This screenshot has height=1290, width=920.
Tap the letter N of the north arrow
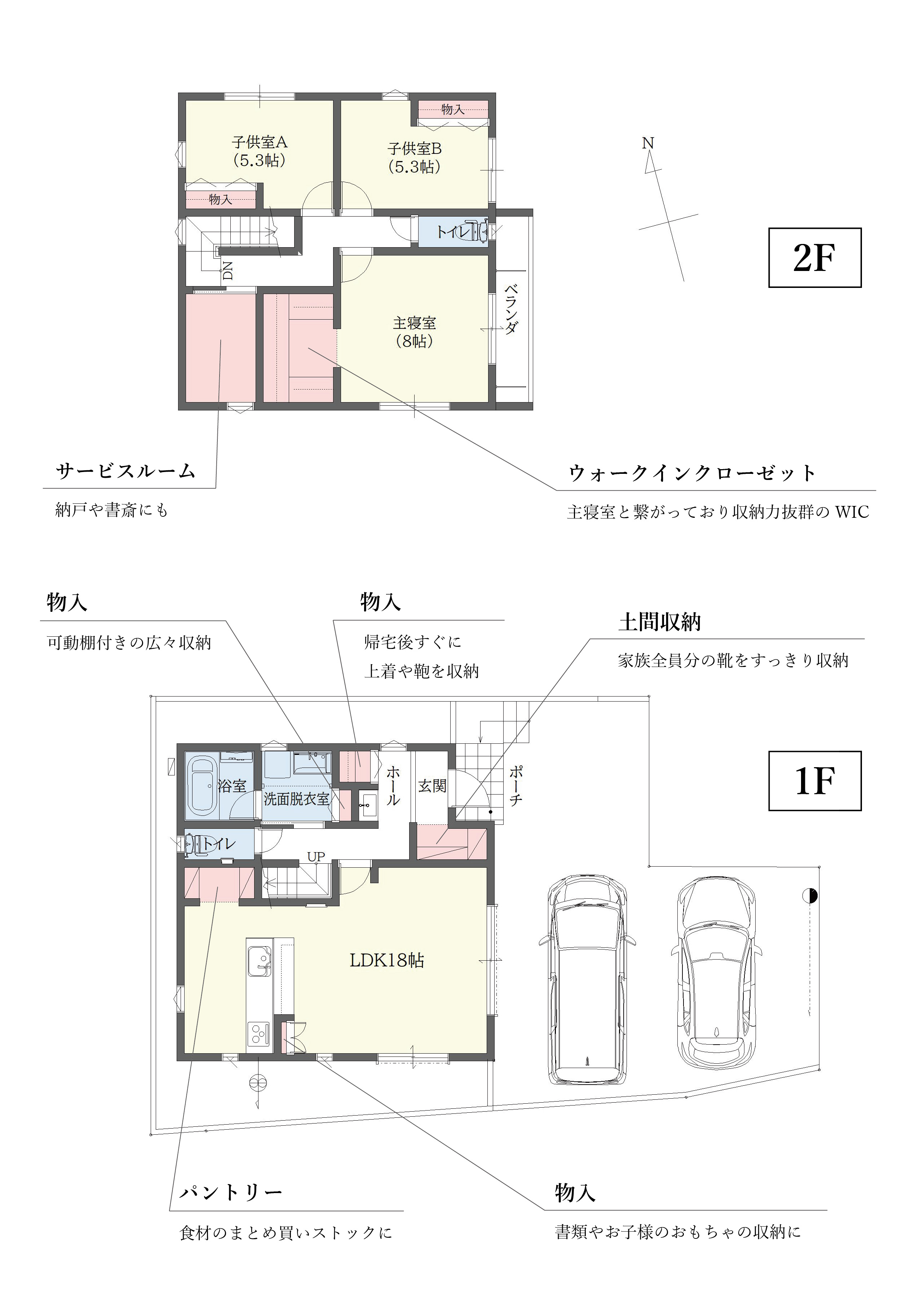[647, 143]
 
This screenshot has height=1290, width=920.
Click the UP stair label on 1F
[316, 857]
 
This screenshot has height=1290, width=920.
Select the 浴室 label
[232, 786]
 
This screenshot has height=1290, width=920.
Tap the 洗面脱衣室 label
[296, 799]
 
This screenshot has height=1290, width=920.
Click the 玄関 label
[432, 786]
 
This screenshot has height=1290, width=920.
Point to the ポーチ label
[516, 786]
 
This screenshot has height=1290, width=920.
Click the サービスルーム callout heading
[126, 471]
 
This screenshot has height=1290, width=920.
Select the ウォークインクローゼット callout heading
[692, 473]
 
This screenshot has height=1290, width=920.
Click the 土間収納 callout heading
[659, 622]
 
